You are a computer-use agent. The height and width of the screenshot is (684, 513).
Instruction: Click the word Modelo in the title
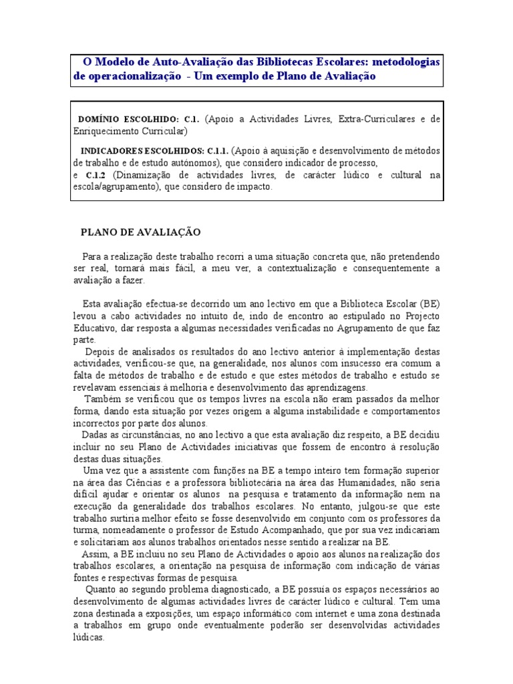click(x=114, y=61)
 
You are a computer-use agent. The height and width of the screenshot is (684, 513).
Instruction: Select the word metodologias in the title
click(x=405, y=61)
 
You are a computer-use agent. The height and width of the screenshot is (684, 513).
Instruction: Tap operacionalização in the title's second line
click(x=134, y=76)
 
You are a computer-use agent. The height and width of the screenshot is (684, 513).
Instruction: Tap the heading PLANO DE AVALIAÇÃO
click(x=140, y=232)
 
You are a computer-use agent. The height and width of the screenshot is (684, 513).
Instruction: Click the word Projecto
click(x=421, y=315)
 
